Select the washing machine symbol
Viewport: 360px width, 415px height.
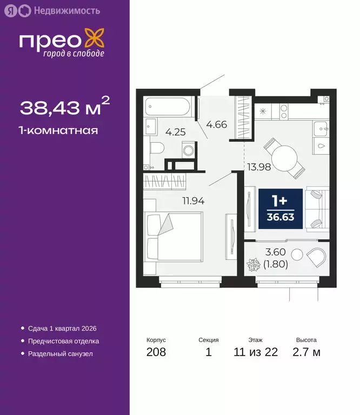(187, 150)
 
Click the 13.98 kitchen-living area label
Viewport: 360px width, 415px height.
(258, 166)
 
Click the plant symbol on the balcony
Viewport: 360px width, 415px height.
(254, 266)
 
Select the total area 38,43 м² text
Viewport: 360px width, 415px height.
(65, 108)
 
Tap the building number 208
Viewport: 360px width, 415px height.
(156, 353)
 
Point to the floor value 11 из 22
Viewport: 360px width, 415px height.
(256, 353)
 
